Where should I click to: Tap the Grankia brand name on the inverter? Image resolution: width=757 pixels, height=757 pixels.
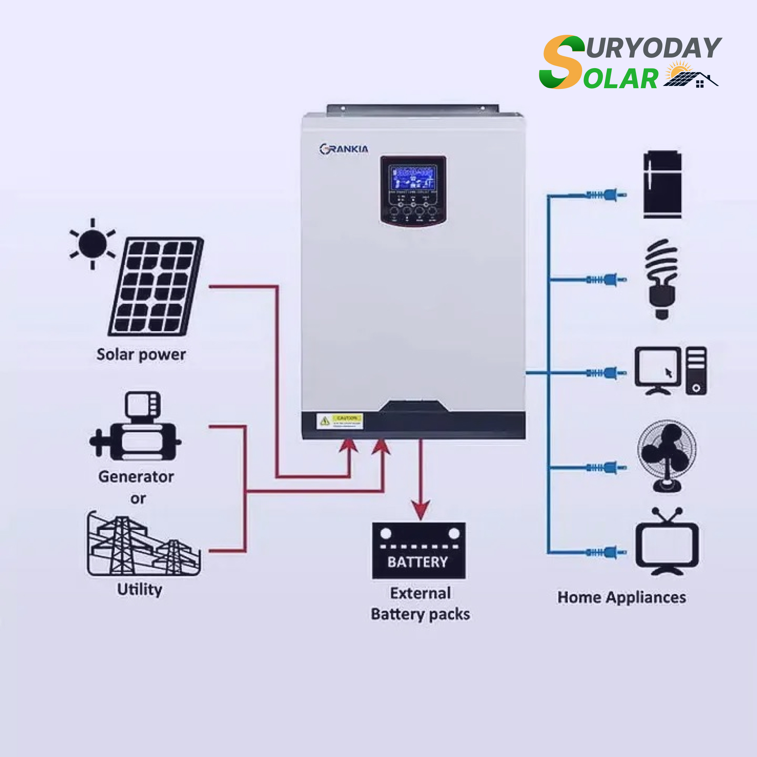(344, 149)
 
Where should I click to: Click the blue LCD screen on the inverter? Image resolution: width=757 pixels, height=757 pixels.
(413, 177)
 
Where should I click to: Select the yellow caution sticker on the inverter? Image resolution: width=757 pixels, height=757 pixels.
(340, 421)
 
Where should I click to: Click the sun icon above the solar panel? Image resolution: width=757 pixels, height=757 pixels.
(92, 244)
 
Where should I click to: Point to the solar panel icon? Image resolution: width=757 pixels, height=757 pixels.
(156, 287)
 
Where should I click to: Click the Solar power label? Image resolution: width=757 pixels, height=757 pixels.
(141, 355)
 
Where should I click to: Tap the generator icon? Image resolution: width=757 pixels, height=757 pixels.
(135, 426)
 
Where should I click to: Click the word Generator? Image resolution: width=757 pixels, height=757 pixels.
(136, 477)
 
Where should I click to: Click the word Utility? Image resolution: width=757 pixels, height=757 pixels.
(140, 589)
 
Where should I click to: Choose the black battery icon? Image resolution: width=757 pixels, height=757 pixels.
(419, 550)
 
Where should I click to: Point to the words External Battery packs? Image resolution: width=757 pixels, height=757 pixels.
(420, 604)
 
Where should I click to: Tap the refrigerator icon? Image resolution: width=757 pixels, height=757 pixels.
(662, 185)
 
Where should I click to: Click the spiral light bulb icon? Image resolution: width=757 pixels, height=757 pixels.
(661, 279)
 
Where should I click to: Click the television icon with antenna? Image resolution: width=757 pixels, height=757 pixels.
(667, 543)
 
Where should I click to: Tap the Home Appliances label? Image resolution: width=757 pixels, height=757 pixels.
(622, 598)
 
